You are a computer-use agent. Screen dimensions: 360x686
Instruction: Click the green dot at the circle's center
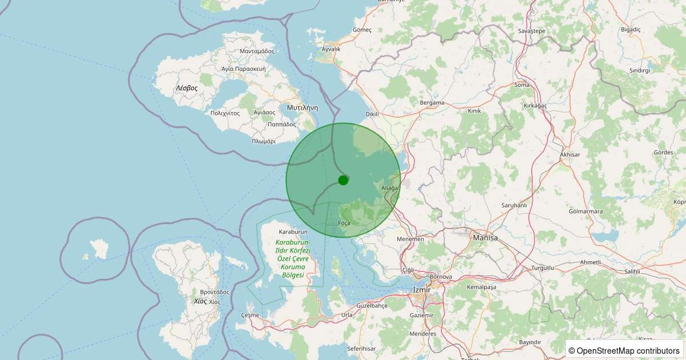click(343, 180)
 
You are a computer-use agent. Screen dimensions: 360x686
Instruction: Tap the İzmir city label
click(421, 290)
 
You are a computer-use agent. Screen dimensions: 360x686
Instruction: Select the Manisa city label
click(485, 237)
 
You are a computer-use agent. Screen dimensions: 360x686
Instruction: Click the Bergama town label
click(432, 103)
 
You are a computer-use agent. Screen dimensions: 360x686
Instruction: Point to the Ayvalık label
click(331, 49)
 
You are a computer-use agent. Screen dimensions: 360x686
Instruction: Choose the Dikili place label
click(372, 114)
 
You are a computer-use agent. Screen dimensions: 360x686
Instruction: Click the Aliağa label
click(389, 188)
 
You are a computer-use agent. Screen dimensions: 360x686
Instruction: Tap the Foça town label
click(344, 223)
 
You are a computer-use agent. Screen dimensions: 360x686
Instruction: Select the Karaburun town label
click(293, 232)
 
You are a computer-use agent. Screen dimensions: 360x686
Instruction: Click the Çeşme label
click(250, 315)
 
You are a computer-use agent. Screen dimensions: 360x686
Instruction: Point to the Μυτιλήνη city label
click(302, 107)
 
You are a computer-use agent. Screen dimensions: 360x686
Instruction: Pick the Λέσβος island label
click(186, 88)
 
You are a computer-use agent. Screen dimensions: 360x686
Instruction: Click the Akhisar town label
click(570, 155)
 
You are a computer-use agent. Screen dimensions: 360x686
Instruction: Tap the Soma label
click(522, 85)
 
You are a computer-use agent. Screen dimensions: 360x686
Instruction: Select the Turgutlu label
click(543, 267)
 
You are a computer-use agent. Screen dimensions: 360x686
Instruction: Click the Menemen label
click(412, 239)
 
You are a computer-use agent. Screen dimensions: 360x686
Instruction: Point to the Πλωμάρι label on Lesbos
click(264, 141)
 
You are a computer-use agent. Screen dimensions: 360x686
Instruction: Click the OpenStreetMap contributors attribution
click(624, 350)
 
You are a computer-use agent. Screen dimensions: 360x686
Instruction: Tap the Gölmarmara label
click(586, 211)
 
